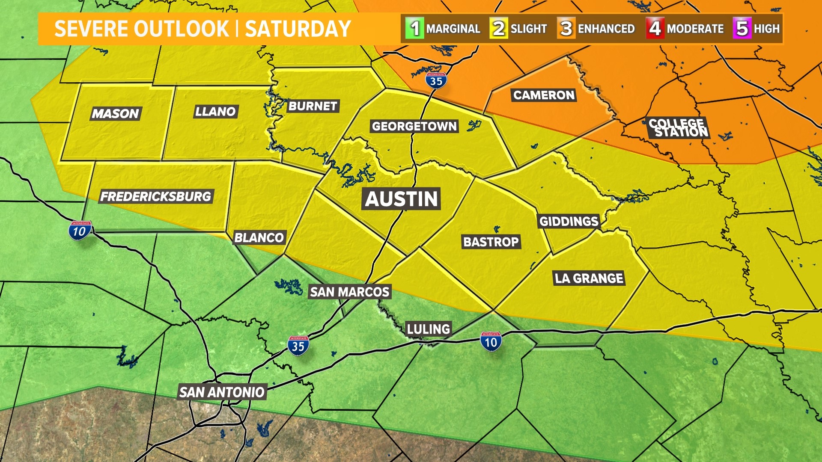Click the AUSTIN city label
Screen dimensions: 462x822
point(402,199)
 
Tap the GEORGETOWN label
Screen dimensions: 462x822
point(414,126)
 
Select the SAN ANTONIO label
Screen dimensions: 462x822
point(222,392)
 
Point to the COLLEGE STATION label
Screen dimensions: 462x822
point(678,128)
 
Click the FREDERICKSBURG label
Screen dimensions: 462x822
point(155,196)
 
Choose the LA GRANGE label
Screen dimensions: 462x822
point(589,278)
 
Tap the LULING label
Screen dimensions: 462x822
point(428,329)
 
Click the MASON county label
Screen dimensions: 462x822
point(115,113)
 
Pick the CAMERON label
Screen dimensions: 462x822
point(544,95)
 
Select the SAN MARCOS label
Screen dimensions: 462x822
point(349,292)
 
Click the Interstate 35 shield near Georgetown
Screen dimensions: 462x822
point(436,80)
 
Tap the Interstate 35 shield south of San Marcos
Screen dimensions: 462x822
point(298,346)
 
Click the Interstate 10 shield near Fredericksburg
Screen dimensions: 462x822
point(80,231)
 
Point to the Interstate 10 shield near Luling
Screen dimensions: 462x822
point(491,342)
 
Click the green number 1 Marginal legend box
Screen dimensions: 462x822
point(414,29)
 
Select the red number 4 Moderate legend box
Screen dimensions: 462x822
point(655,29)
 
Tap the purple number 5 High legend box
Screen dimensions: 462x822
point(742,29)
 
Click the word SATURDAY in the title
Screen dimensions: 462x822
point(298,29)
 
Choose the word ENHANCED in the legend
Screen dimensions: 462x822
point(606,29)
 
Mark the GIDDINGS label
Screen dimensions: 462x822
point(569,221)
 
